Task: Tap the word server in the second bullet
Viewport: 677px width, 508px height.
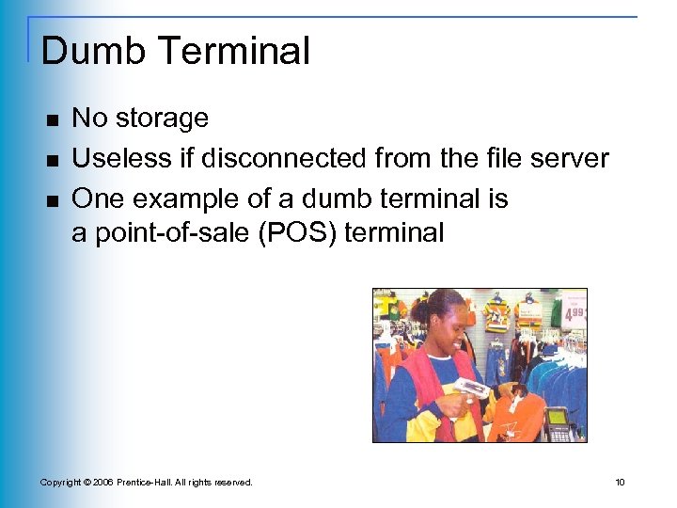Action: click(567, 158)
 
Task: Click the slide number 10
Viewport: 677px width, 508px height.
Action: click(620, 483)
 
